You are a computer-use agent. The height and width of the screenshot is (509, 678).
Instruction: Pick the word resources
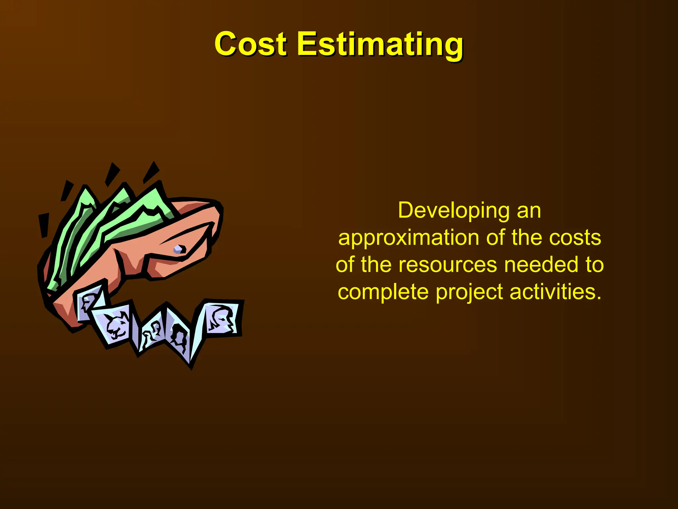(x=448, y=265)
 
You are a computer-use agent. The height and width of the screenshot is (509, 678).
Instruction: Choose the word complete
(x=383, y=292)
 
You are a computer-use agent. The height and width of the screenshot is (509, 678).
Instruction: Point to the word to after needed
(x=595, y=265)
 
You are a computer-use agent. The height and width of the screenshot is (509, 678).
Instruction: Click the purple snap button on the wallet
(x=179, y=249)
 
